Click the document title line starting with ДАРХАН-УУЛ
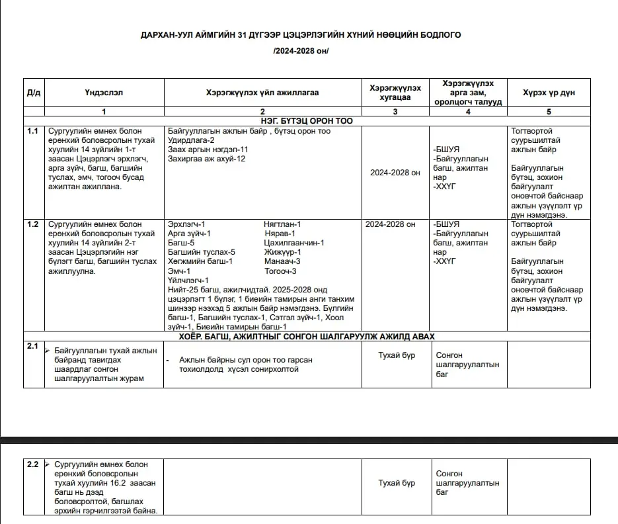(301, 34)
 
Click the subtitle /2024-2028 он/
(301, 51)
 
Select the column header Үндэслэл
(103, 93)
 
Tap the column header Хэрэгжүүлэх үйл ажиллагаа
(262, 93)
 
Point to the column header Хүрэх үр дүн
(549, 93)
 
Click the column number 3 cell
(395, 111)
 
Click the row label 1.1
(32, 131)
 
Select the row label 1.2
(32, 224)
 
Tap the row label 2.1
(32, 346)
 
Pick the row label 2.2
(32, 464)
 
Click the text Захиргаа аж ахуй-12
(207, 159)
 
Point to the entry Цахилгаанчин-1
(293, 243)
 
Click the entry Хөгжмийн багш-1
(200, 261)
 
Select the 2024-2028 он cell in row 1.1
(395, 173)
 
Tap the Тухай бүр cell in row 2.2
(397, 483)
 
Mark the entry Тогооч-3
(280, 271)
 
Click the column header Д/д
(34, 93)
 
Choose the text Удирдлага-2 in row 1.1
(192, 140)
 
